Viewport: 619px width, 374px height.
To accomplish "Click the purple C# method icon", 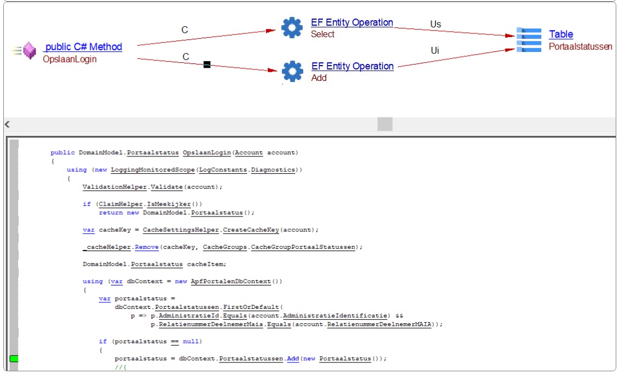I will [29, 51].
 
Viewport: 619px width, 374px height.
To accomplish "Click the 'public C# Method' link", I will [84, 47].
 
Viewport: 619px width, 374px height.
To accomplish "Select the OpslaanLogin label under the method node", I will [69, 59].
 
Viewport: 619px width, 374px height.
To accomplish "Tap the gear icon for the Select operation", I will [292, 27].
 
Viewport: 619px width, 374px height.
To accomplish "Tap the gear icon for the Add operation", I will [292, 71].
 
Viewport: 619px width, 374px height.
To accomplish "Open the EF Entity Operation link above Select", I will [352, 22].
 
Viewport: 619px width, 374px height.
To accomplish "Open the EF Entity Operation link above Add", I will [352, 66].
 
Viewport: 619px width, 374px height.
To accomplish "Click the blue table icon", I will [529, 40].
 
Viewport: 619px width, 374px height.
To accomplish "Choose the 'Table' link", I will [561, 34].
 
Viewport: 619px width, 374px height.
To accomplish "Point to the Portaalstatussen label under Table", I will [580, 46].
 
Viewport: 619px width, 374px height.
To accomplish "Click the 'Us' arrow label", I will [435, 24].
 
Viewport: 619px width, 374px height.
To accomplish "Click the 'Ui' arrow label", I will [435, 50].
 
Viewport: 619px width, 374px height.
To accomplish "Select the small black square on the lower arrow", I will [207, 65].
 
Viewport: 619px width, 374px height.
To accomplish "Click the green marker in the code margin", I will [14, 359].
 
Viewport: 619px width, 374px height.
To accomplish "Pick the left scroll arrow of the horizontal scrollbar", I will [8, 125].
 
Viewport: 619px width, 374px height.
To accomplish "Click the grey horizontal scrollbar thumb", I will [385, 125].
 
